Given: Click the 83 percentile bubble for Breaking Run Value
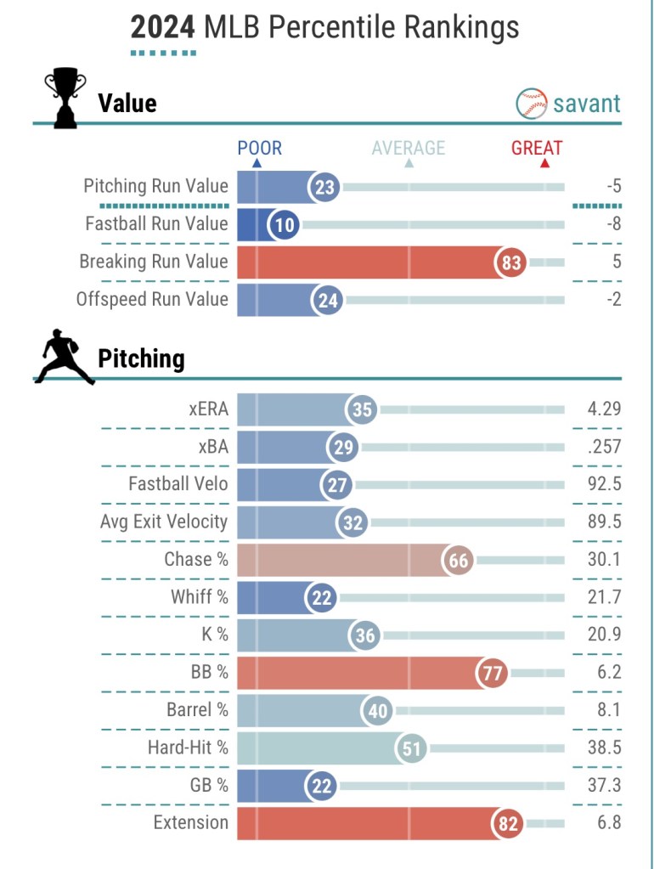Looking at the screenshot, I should tap(510, 262).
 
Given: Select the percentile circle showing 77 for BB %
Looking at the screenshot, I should tap(492, 674).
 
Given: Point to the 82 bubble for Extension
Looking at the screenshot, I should tap(508, 823).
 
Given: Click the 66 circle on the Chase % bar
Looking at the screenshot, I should tap(459, 561).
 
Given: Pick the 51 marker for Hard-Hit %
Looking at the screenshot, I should tap(411, 748).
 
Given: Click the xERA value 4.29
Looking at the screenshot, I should tap(603, 409).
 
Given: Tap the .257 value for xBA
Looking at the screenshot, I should tap(604, 447).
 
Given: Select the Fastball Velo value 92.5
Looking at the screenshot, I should tap(603, 484).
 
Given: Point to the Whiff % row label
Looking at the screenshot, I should tap(200, 597).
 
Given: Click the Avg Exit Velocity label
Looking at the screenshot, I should tap(164, 522).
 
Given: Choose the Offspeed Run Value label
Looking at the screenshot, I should tap(152, 300).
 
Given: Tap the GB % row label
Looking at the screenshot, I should tap(208, 786).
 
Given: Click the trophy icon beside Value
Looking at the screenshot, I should tap(65, 99).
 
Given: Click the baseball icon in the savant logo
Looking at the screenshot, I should tap(531, 104).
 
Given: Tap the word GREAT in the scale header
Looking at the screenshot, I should tap(537, 149).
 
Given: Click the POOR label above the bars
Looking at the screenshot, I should tap(259, 149).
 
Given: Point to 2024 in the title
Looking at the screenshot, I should tap(164, 28).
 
